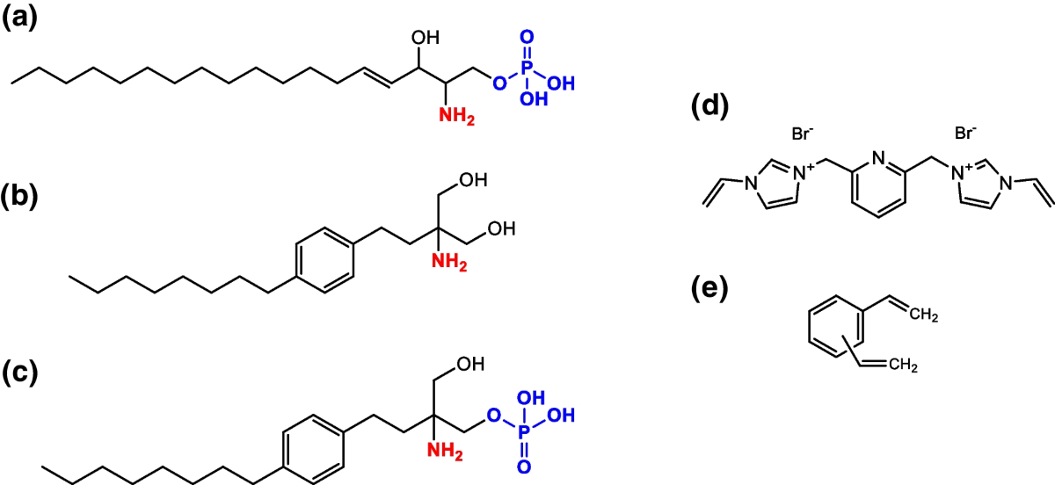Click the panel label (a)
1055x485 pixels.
(x=19, y=20)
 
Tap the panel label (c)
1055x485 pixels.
(x=19, y=372)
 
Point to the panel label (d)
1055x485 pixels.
(x=711, y=105)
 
